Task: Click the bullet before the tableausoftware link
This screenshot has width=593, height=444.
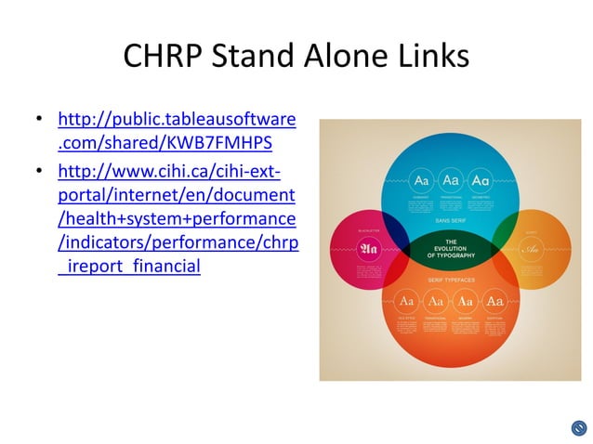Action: coord(39,121)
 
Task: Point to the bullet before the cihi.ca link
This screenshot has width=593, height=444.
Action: coord(39,173)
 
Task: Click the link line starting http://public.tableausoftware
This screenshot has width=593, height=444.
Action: coord(177,121)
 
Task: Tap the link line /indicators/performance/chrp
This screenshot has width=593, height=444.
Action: coord(177,244)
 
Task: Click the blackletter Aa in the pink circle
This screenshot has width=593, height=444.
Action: coord(369,249)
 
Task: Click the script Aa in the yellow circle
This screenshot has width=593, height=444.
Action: coord(531,249)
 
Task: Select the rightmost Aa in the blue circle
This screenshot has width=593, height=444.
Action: coord(481,179)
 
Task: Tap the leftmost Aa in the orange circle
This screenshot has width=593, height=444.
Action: coord(406,302)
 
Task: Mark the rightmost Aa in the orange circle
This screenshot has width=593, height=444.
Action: coord(495,302)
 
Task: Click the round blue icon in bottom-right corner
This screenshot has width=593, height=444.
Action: coord(579,428)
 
